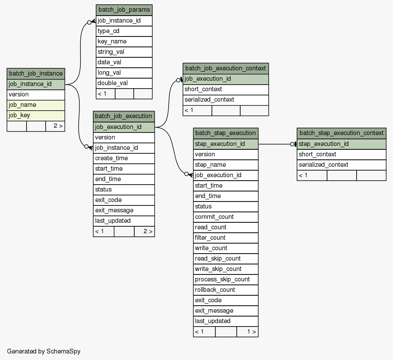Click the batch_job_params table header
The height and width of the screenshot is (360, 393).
124,10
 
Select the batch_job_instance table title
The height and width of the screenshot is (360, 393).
36,74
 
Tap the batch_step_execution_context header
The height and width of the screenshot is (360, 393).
341,133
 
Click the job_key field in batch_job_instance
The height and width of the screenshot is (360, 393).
36,116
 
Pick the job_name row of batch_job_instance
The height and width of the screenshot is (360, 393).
36,105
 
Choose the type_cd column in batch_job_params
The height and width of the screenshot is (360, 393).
124,31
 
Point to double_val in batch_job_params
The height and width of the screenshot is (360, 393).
124,83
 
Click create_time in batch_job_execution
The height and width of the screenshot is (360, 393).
124,159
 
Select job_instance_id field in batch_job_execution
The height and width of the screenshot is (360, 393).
124,148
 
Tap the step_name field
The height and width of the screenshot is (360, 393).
225,165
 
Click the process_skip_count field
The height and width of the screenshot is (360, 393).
225,280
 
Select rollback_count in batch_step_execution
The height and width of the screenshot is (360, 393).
225,290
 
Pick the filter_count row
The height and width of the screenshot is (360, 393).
225,238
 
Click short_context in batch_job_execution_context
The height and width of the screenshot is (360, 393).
225,89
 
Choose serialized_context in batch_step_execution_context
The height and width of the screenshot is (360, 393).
341,165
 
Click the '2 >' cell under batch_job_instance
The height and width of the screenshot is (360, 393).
56,126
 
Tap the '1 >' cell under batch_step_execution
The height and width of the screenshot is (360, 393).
248,332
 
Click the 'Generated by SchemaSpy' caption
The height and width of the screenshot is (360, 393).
43,351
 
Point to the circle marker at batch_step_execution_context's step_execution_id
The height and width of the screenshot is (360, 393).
292,144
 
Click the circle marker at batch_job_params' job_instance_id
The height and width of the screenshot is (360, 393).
89,23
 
